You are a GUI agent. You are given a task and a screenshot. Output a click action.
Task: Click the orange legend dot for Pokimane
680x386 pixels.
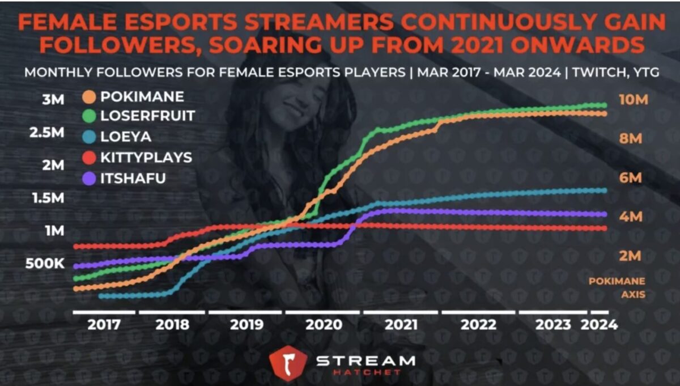click(x=89, y=96)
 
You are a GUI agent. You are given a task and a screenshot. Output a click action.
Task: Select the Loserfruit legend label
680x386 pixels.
click(x=147, y=116)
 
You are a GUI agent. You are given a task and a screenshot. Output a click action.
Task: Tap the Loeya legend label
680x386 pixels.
click(x=126, y=137)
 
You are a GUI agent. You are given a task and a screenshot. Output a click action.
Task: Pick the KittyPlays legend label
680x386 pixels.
click(x=146, y=158)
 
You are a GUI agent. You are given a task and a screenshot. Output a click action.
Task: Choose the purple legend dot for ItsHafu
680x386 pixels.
click(x=89, y=179)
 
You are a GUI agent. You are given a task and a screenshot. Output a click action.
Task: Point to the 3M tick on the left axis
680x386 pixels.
click(x=54, y=100)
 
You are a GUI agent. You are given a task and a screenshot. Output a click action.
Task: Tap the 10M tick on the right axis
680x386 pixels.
click(x=633, y=100)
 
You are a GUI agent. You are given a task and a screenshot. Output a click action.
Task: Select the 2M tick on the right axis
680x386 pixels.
click(x=630, y=256)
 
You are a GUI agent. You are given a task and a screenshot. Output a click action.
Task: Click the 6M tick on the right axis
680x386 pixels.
click(x=630, y=178)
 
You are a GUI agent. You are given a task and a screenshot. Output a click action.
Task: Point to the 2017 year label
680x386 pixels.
click(x=104, y=325)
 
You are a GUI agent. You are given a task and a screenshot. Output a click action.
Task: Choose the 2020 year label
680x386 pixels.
click(x=324, y=325)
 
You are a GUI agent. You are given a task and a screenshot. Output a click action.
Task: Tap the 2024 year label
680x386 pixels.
click(x=598, y=325)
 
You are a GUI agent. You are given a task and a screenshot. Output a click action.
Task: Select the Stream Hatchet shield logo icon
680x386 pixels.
click(x=288, y=363)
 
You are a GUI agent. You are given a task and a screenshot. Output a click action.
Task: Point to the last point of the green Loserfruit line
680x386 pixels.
click(x=604, y=105)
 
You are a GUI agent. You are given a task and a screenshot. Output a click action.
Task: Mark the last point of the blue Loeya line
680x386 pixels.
click(x=604, y=190)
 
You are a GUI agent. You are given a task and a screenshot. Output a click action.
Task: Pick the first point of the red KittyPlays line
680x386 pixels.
click(x=76, y=247)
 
